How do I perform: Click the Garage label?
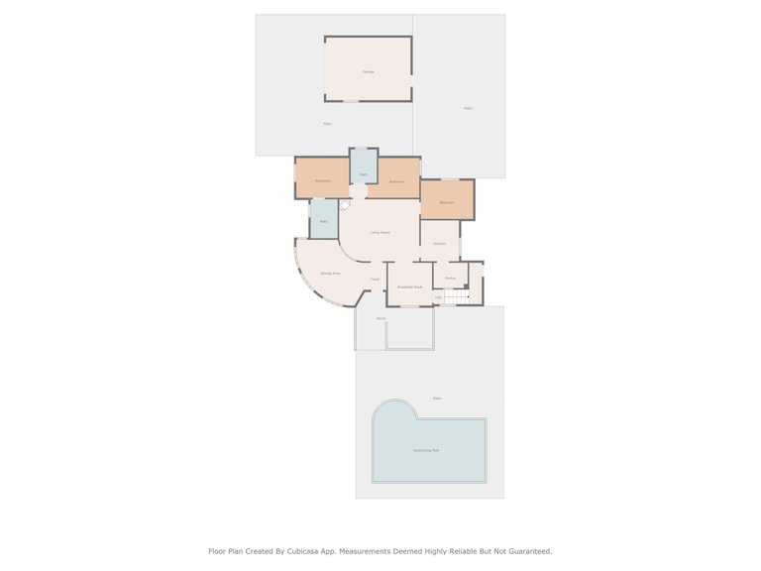click(x=368, y=71)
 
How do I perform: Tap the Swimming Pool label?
click(x=426, y=450)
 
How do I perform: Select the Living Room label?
click(x=380, y=232)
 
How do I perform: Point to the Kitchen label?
click(x=440, y=243)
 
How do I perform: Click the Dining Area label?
click(x=330, y=273)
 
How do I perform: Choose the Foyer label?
click(x=376, y=280)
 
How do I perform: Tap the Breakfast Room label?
click(x=409, y=286)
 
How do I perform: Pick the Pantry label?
click(x=449, y=278)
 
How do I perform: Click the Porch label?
click(x=380, y=318)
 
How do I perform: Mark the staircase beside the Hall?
click(x=457, y=296)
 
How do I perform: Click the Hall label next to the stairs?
click(x=438, y=296)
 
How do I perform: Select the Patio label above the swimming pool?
click(x=437, y=398)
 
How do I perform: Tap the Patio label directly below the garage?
click(x=327, y=123)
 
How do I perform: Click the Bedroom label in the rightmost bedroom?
click(x=446, y=202)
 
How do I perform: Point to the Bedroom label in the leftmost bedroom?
click(x=322, y=180)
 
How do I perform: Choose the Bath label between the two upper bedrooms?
click(x=364, y=174)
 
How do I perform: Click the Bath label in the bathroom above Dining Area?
click(x=323, y=221)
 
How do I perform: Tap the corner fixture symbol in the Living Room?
click(x=345, y=204)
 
